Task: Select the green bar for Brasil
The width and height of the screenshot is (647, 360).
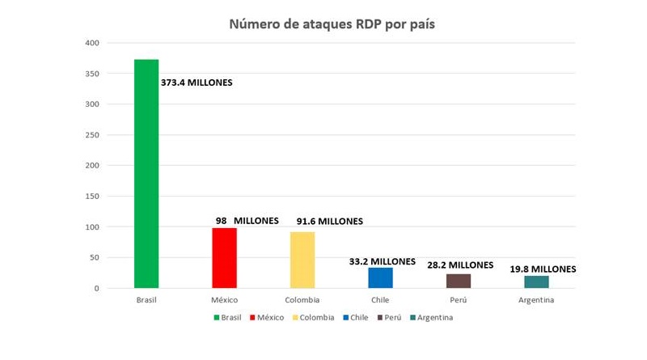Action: tap(146, 174)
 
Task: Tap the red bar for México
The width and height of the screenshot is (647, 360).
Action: tap(224, 258)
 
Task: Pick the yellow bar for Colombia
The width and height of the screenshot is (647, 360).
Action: tap(302, 260)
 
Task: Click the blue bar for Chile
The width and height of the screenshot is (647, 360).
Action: tap(380, 277)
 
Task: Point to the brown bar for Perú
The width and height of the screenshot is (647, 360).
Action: tap(459, 281)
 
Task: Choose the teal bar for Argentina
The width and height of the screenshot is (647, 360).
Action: tap(536, 282)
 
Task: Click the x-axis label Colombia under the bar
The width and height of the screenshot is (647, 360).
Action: tap(302, 300)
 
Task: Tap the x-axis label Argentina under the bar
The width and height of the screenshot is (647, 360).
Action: tap(536, 300)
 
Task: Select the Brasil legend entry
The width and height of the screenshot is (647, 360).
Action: tap(228, 317)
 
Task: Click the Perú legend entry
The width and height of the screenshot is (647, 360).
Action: tap(391, 317)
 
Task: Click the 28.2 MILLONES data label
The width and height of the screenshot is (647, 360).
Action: tap(460, 265)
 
